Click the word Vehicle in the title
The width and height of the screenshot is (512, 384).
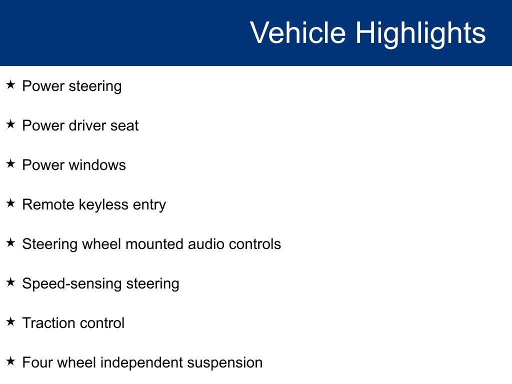click(x=298, y=32)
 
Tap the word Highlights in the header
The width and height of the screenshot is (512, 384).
click(x=420, y=34)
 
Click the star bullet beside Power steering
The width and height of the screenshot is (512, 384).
click(x=10, y=84)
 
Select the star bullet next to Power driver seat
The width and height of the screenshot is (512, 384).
click(x=10, y=124)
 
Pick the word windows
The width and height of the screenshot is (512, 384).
click(x=97, y=165)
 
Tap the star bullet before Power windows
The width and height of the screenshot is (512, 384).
click(x=10, y=163)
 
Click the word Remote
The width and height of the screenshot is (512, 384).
click(x=48, y=204)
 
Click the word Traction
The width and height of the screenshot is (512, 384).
click(x=49, y=323)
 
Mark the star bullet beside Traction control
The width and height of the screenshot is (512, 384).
click(x=10, y=321)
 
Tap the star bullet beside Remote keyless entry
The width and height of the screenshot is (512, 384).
click(x=10, y=203)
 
